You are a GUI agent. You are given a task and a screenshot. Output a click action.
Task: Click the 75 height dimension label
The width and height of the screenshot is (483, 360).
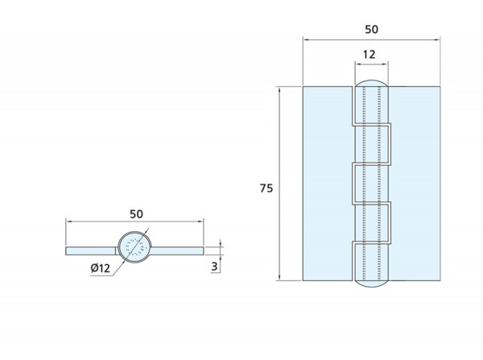266,188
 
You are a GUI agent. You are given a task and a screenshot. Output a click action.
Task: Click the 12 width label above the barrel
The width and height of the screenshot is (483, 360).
369,55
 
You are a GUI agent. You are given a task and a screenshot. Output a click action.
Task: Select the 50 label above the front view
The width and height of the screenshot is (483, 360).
371,29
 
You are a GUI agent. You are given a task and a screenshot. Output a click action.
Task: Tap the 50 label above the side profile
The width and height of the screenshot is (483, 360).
136,214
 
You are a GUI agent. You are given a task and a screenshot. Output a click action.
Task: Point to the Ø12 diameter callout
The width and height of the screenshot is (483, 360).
101,268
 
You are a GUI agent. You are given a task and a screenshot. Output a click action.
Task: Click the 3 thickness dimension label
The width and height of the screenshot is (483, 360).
214,267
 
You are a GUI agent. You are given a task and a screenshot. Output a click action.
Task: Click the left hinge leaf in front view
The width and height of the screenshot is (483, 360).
328,184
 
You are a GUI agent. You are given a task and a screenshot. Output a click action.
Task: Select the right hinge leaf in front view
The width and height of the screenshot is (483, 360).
415,184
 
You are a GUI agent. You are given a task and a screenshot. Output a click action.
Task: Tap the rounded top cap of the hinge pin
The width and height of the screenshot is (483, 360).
371,83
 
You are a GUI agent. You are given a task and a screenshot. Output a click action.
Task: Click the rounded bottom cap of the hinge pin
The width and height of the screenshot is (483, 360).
371,283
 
